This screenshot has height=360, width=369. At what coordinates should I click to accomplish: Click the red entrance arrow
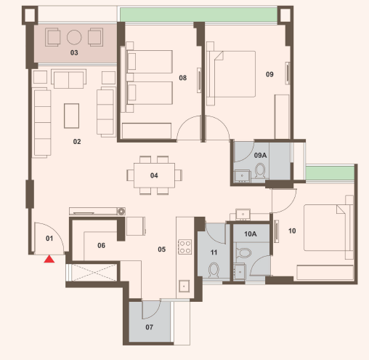click(x=49, y=259)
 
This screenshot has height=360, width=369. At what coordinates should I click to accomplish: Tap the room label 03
click(x=74, y=52)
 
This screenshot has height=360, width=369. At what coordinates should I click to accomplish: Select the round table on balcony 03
click(x=74, y=37)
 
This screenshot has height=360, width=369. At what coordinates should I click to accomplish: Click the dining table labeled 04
click(x=154, y=175)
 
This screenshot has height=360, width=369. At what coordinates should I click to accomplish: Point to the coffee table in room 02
click(x=71, y=116)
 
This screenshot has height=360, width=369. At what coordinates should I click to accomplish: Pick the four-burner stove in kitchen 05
click(x=184, y=247)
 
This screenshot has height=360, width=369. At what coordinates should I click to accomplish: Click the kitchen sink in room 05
click(x=184, y=287)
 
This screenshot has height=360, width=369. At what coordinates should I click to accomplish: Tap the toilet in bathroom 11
click(x=214, y=271)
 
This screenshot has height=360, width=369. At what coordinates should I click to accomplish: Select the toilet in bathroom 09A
click(x=260, y=171)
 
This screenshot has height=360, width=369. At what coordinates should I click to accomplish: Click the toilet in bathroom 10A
click(x=245, y=253)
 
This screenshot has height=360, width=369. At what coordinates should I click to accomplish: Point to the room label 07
click(x=149, y=327)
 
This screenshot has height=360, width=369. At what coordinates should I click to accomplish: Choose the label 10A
click(x=251, y=234)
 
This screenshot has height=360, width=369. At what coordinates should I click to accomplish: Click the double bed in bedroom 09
click(x=232, y=74)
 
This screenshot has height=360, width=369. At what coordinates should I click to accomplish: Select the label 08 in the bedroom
click(x=183, y=78)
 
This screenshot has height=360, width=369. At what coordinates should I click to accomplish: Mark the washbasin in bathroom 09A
click(x=242, y=175)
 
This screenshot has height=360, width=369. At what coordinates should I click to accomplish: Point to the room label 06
click(x=101, y=246)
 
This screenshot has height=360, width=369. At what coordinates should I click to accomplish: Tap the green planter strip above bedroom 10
click(x=330, y=173)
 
